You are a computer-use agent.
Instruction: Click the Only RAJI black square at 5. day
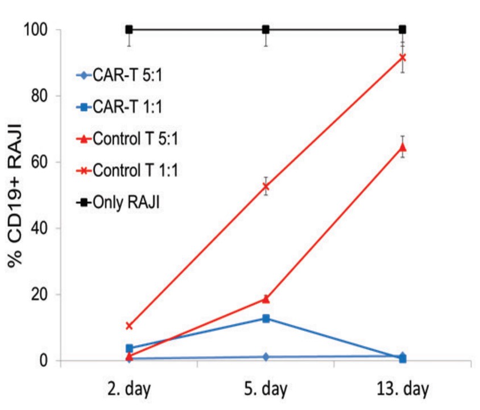coord(266,29)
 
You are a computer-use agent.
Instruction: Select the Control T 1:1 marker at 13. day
coord(402,58)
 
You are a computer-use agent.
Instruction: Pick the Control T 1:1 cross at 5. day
coord(266,186)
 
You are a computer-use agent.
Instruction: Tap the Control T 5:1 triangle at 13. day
coord(402,147)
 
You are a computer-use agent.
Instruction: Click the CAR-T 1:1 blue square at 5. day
coord(266,318)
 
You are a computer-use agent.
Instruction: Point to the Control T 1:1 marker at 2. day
coord(129,326)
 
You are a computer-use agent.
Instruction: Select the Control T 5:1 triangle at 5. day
coord(266,298)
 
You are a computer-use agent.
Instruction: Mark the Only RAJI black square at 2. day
coord(129,29)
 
